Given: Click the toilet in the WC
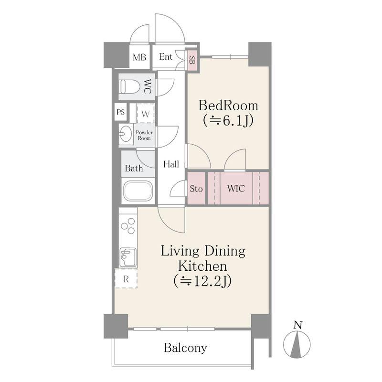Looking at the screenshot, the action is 129,87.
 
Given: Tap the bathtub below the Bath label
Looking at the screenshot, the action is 138,191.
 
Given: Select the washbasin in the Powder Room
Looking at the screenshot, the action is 126,134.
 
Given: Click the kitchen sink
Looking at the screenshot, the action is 128,257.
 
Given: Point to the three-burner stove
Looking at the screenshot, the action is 128,226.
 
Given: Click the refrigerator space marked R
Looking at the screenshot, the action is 126,279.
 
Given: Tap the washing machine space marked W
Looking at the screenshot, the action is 146,114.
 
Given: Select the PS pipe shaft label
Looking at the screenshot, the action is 121,112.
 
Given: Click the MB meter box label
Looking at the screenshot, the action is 139,57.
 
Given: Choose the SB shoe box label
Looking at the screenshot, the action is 192,61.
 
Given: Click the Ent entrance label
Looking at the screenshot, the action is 166,57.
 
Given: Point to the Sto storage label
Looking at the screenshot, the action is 196,189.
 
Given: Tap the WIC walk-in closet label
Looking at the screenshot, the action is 236,189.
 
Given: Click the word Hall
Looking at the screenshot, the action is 171,164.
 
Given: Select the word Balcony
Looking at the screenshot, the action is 185,348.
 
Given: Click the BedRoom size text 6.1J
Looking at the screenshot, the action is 228,120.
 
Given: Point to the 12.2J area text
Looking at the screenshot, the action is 202,281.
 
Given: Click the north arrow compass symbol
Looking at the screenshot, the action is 297,341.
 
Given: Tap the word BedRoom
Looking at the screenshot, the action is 228,106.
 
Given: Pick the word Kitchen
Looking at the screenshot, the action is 202,266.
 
